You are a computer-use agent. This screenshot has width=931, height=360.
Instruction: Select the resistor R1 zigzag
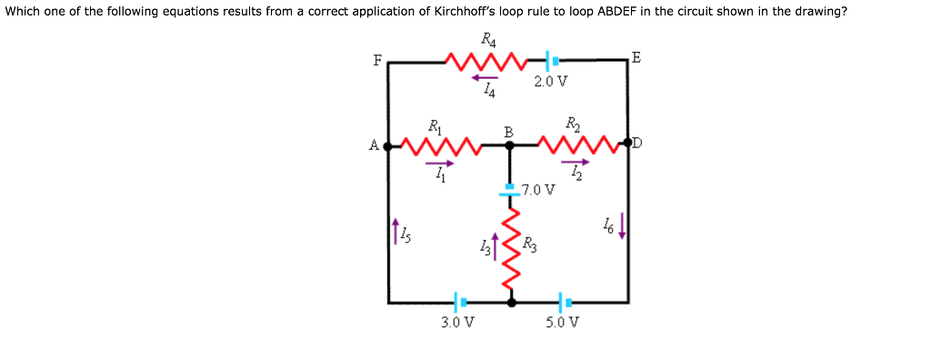coord(439,145)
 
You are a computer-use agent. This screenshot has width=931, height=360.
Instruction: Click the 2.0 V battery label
coord(551,81)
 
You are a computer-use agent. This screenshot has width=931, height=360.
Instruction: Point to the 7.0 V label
coord(538,190)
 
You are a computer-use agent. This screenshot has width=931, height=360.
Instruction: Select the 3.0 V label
coord(457,322)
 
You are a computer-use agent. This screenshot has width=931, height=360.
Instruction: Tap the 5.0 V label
coord(564,322)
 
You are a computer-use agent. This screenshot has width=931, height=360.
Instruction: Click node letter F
coord(377,61)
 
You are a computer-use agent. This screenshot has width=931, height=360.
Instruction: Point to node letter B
coord(509,133)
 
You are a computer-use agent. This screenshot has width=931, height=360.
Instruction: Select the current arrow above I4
coord(485,77)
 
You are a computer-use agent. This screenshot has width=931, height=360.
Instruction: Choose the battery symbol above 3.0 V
coord(460,301)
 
